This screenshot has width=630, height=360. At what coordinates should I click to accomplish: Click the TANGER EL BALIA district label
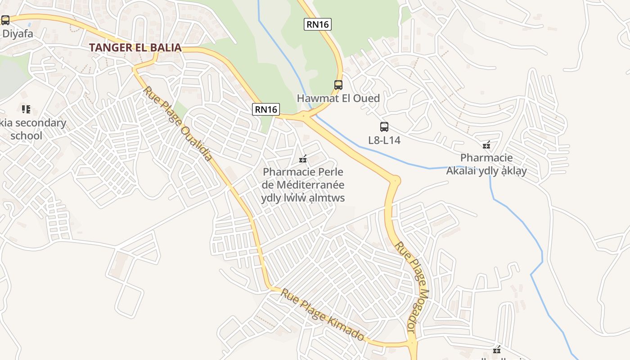135,47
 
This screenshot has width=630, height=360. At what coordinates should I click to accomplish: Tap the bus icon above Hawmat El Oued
338,85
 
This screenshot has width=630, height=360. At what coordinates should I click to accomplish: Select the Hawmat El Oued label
338,98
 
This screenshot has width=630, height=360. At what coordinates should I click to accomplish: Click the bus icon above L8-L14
384,127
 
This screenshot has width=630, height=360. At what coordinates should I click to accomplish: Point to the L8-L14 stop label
384,140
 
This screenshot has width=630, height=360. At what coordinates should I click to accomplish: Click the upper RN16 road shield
317,24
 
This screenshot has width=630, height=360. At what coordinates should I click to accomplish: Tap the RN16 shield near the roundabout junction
266,109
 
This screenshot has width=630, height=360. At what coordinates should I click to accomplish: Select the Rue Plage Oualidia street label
178,123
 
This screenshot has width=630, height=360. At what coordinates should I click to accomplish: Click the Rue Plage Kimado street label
322,315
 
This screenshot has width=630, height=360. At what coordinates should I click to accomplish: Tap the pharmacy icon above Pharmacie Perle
303,159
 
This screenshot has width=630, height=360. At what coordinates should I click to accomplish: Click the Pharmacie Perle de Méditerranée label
303,184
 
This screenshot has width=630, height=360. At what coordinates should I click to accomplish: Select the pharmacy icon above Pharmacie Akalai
486,145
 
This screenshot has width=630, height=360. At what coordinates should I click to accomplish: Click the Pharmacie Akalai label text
486,164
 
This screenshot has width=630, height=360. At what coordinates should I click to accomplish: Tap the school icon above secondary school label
26,109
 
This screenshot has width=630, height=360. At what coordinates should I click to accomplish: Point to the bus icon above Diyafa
5,20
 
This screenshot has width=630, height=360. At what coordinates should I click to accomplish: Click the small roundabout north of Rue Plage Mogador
395,180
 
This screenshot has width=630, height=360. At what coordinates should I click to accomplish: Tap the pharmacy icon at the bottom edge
497,350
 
